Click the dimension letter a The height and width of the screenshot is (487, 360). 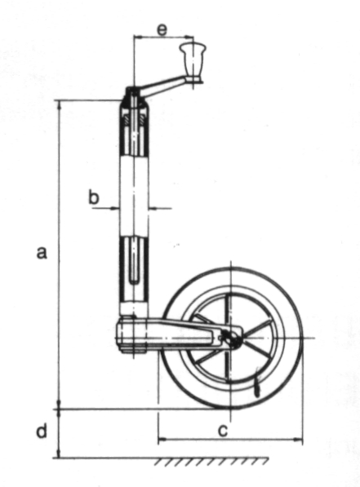(42, 252)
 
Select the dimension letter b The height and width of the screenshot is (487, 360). (94, 197)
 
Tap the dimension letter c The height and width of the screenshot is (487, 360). (223, 431)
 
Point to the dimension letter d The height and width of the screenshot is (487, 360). (42, 431)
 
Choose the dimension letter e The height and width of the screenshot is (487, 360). (162, 30)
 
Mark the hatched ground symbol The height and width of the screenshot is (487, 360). (211, 462)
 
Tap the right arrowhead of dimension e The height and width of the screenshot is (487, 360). (189, 38)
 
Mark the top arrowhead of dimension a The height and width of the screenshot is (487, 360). (59, 105)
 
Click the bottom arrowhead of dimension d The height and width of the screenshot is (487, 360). (59, 453)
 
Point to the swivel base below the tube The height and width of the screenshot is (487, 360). (133, 335)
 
